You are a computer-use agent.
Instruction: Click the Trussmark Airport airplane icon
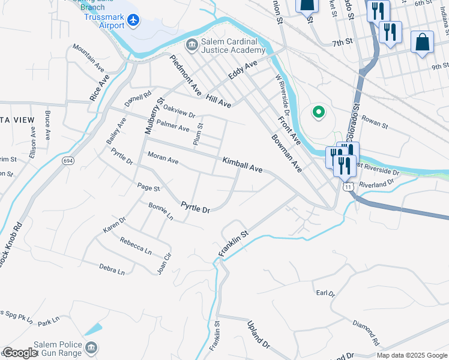133,22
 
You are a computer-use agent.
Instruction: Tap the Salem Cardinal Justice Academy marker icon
191,44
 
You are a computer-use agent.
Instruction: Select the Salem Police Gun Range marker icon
91,347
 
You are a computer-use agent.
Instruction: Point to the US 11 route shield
348,187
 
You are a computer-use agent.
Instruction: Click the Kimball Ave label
242,166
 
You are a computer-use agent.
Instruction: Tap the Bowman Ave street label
286,154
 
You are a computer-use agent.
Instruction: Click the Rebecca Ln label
135,245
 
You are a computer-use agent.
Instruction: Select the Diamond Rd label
366,333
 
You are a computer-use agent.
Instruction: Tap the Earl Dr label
325,293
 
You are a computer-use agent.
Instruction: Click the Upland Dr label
259,334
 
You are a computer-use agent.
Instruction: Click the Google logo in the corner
19,353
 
